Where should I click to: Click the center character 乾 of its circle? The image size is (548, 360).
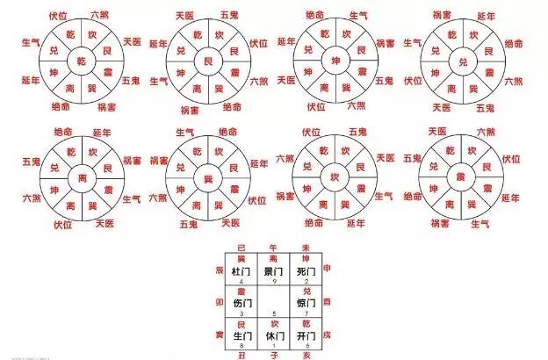tap(81, 60)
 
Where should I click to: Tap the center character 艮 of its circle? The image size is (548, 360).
tap(207, 61)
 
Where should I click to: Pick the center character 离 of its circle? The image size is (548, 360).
tap(81, 178)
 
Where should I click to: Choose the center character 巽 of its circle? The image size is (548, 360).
tap(207, 178)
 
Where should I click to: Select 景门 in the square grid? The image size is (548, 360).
tap(274, 271)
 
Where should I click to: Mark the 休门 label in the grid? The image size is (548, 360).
tap(274, 335)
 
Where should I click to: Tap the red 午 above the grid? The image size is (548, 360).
tap(274, 248)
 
